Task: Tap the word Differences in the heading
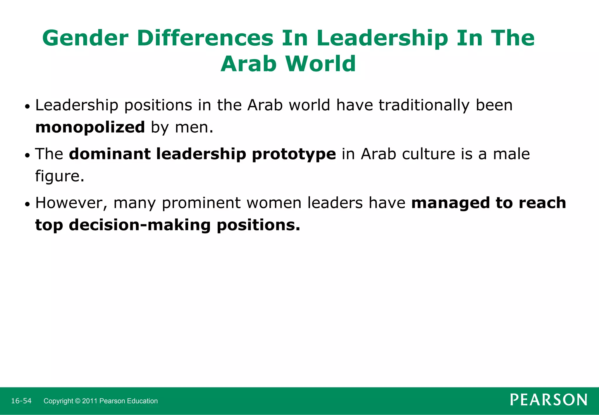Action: pos(205,38)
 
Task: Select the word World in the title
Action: pos(321,64)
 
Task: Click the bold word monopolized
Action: pos(90,127)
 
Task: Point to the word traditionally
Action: pos(424,105)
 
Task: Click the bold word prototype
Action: pos(294,154)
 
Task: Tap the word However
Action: pos(71,203)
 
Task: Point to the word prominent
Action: pos(201,203)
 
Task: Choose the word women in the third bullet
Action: pos(274,203)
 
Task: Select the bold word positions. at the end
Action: pos(259,225)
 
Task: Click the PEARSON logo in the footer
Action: pos(548,400)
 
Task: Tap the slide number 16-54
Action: pos(21,401)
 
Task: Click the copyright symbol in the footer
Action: pos(78,401)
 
